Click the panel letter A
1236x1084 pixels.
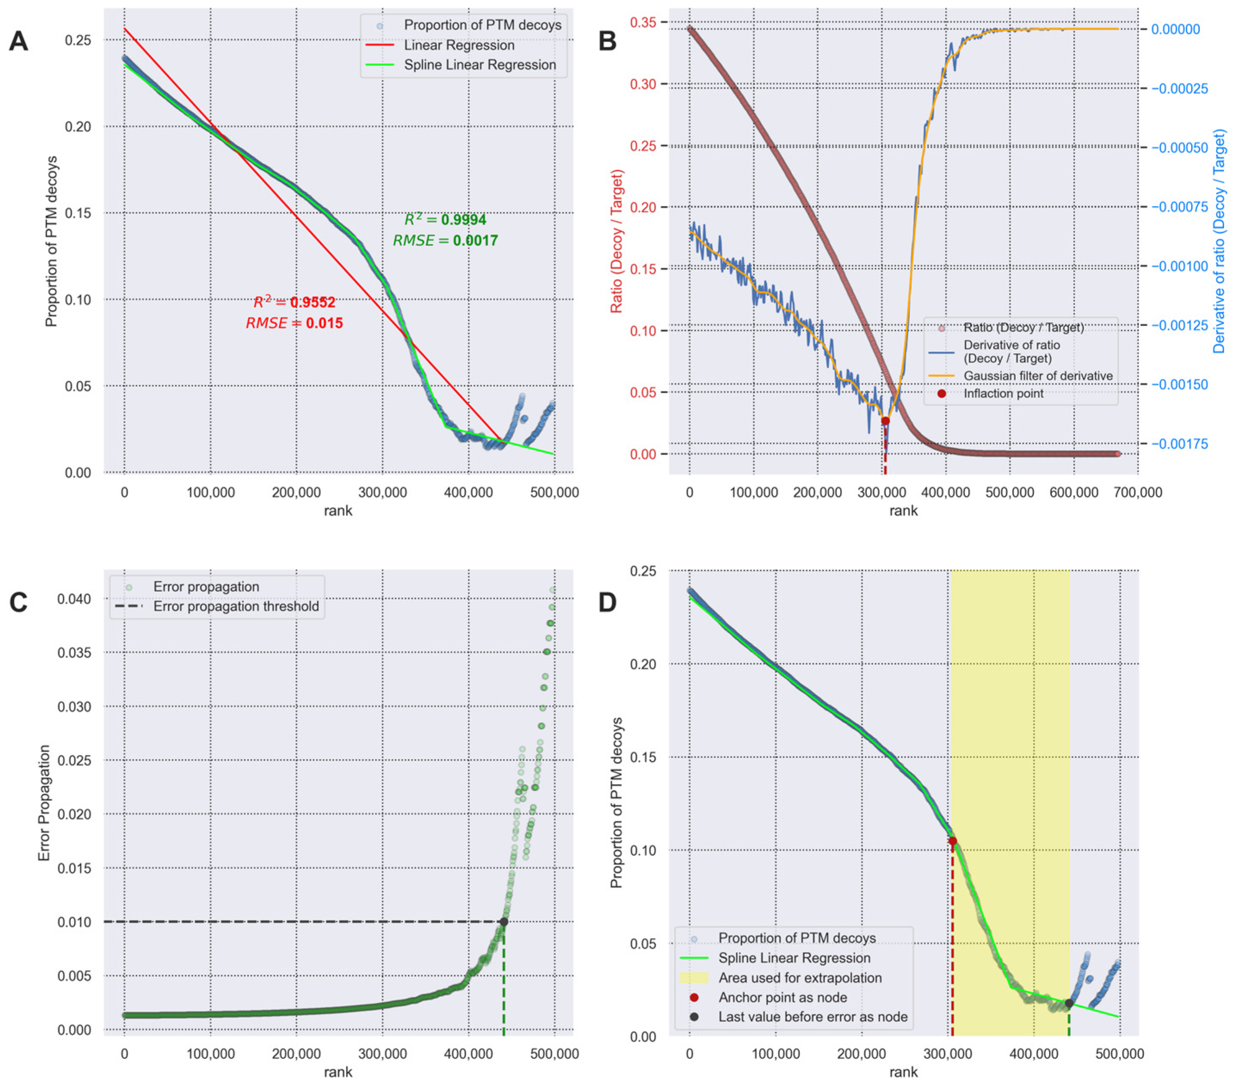pos(18,42)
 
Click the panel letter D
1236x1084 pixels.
pos(607,603)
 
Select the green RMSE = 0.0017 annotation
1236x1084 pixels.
pos(445,240)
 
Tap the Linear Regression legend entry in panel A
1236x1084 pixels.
pos(458,45)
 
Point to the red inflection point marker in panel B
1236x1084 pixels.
pos(885,421)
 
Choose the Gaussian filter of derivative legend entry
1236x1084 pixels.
pos(1038,376)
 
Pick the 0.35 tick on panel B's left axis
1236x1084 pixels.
pos(644,22)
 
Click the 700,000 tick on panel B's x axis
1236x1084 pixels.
pos(1137,493)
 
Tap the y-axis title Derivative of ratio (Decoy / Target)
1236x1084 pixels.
pos(1218,240)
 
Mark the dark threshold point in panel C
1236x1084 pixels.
pos(504,922)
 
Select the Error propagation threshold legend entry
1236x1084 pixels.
pos(236,607)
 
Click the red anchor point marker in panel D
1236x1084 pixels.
pos(952,841)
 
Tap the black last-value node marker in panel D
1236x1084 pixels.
pos(1069,1003)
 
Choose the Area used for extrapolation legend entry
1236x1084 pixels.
pos(799,978)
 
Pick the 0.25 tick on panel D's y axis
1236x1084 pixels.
pos(644,571)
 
